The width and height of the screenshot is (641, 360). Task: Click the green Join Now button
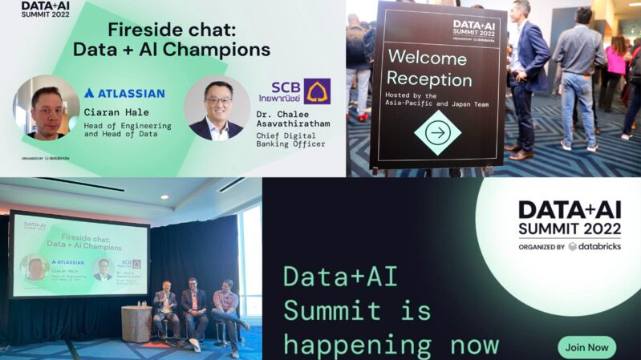587,347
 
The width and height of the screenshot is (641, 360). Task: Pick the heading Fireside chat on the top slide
172,33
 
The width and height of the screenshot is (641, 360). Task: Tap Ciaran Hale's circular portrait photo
46,108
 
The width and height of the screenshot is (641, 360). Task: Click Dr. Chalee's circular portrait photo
216,108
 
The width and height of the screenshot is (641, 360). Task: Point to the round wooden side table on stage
136,322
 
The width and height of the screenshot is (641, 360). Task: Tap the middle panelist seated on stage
193,309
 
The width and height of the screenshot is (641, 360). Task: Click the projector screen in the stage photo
79,254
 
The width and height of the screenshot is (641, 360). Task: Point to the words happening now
391,345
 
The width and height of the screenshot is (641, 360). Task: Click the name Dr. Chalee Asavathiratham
302,119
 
